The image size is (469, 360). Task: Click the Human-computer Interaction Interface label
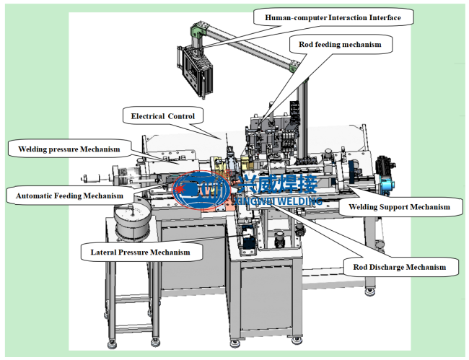click(x=333, y=17)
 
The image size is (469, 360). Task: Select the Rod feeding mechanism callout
click(x=340, y=45)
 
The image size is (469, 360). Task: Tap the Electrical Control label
click(x=163, y=116)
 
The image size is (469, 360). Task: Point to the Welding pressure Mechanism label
click(x=69, y=149)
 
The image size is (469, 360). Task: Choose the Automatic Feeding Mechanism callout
click(x=69, y=196)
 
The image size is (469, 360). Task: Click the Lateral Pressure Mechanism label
click(x=140, y=252)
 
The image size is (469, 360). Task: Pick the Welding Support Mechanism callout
click(x=399, y=207)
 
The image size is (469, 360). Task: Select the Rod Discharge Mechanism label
click(x=399, y=267)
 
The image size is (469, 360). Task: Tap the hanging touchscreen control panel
click(x=194, y=69)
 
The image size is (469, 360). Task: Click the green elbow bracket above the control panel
click(x=198, y=28)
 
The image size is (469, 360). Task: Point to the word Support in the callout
click(x=395, y=207)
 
